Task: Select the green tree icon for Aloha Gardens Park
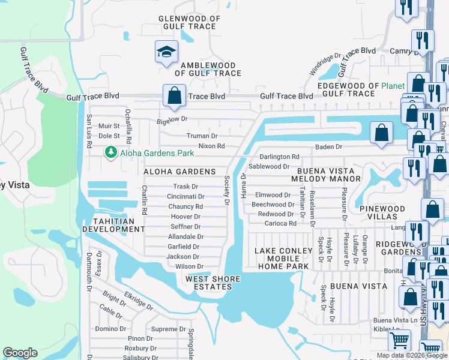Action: pos(110,154)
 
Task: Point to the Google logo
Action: pos(20,353)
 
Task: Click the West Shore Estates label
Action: pos(212,283)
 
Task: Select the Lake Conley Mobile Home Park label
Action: pos(283,259)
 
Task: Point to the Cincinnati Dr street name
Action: pos(185,197)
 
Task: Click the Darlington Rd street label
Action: pos(279,157)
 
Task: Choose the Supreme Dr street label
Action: pos(168,329)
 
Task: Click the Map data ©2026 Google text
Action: pos(412,355)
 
